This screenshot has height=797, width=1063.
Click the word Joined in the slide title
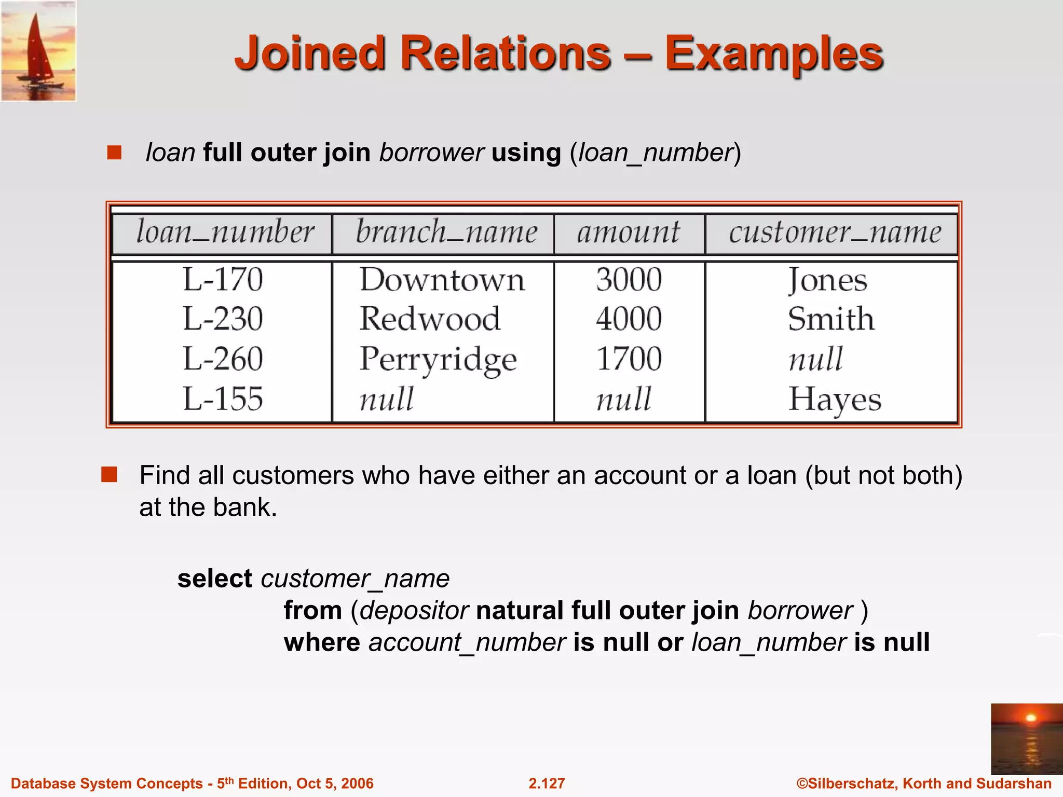coord(310,53)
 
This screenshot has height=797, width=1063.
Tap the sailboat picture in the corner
coord(38,51)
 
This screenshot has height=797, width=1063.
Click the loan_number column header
coord(225,232)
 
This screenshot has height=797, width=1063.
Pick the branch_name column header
coord(446,232)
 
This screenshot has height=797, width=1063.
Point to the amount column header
coord(628,232)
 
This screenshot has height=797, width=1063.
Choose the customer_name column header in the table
coord(835,232)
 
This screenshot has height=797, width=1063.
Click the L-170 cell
coord(223,279)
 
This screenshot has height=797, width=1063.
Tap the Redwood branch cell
coord(430,319)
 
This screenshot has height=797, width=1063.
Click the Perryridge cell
coord(438,359)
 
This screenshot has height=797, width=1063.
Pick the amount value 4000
coord(629,319)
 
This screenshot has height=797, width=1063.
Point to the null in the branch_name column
coord(387,399)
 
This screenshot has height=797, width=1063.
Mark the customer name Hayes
coord(835,400)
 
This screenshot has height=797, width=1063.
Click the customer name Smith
coord(831,319)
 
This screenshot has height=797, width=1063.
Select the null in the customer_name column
coord(815,359)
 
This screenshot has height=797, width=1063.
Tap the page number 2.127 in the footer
coord(547,783)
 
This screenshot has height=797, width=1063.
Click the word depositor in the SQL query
coord(414,610)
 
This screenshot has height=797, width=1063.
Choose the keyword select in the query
coord(214,579)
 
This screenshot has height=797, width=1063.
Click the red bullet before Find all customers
coord(109,474)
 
